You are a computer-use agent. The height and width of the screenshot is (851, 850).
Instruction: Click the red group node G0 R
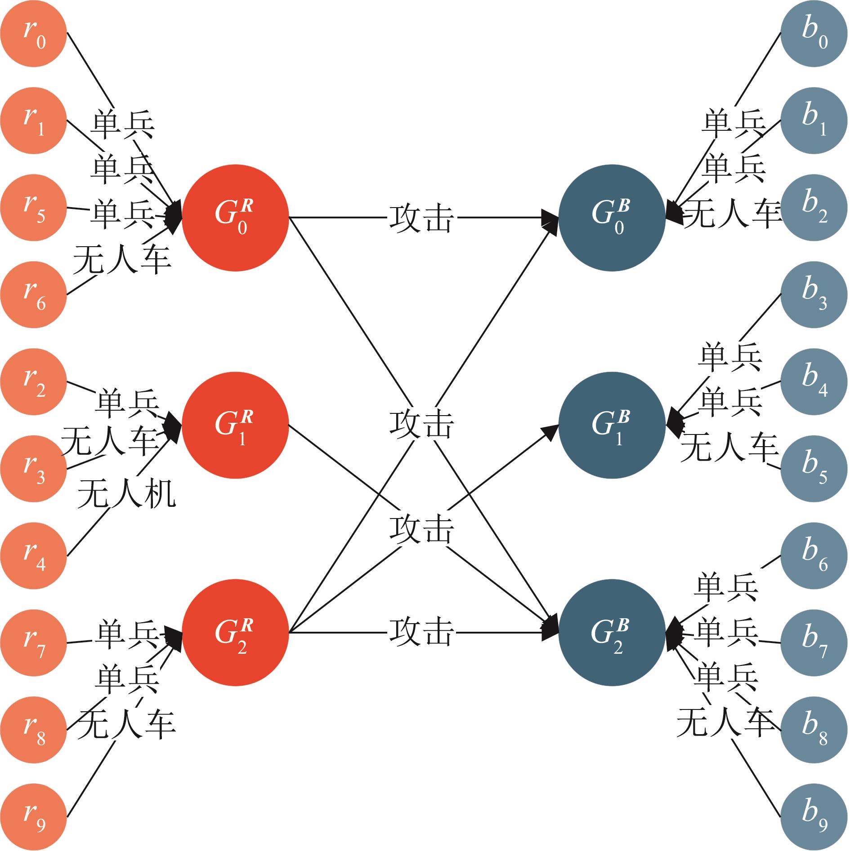pos(235,218)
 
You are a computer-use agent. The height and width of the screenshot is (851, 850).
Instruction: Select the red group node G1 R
pos(235,426)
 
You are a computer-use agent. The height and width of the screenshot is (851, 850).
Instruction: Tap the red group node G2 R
pos(235,633)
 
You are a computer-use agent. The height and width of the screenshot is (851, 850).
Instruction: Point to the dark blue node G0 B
pos(612,218)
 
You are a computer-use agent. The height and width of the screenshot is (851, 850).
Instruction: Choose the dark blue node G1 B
pos(612,426)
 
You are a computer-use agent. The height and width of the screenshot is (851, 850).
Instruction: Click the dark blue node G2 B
pos(612,633)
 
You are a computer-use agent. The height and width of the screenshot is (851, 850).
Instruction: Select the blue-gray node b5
pos(814,469)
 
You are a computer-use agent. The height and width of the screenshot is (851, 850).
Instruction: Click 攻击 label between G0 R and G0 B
pos(421,219)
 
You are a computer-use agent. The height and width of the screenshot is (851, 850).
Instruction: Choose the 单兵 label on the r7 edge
pos(127,635)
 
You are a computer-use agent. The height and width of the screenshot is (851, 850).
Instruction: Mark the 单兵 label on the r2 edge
pos(127,403)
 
